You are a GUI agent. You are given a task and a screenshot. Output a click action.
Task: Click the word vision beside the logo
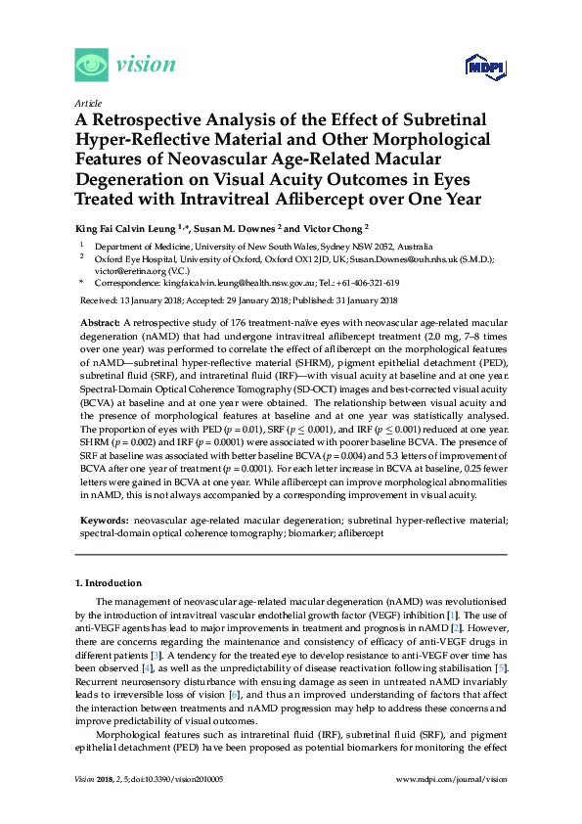point(146,66)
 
